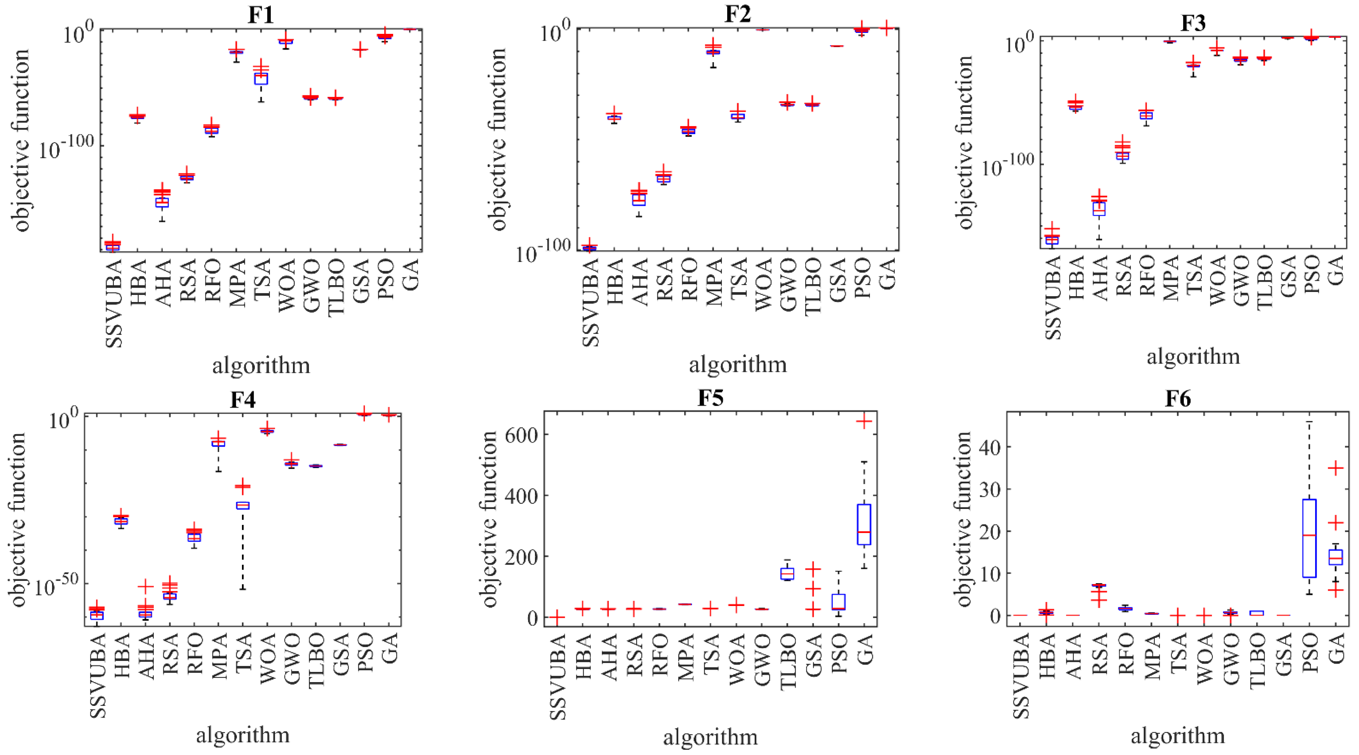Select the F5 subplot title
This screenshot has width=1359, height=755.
710,398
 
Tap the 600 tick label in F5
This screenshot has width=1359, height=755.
521,434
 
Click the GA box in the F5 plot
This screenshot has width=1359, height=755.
864,524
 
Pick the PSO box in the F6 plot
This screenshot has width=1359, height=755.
1310,538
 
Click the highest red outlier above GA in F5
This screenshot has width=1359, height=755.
864,421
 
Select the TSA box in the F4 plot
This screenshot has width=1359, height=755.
243,505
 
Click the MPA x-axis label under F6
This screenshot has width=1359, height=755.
1153,655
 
